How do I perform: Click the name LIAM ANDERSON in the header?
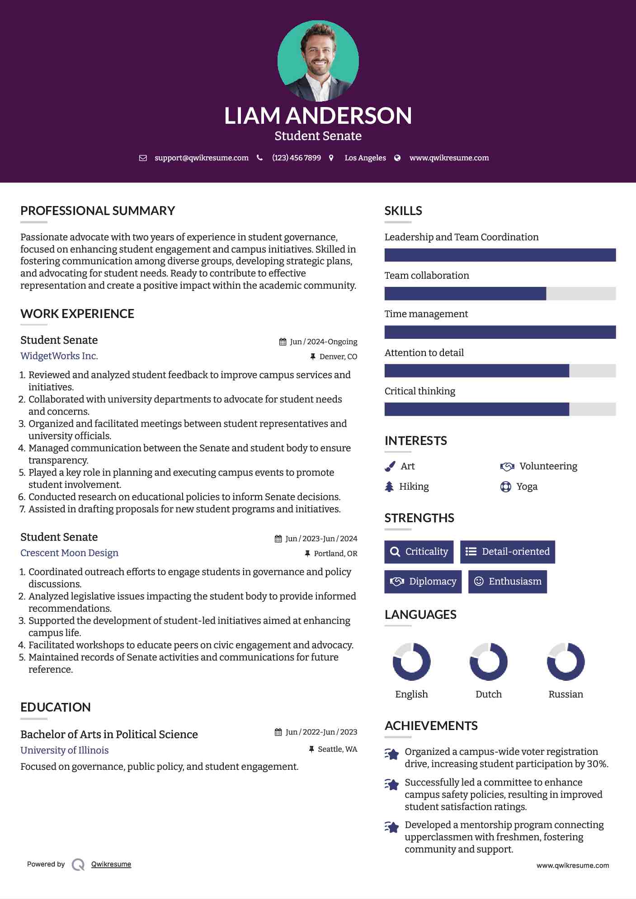(x=318, y=116)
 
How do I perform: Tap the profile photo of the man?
(x=318, y=61)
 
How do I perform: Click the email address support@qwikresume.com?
(x=201, y=158)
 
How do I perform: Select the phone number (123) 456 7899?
(x=296, y=158)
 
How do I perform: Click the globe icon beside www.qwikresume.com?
(x=397, y=158)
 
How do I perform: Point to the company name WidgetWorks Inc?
(x=59, y=356)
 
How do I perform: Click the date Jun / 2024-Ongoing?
(x=323, y=342)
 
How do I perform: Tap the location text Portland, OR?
(x=335, y=554)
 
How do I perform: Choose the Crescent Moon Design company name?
(x=69, y=553)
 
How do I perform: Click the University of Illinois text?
(x=65, y=750)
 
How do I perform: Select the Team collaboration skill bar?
(x=500, y=294)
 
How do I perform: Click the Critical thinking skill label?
(x=420, y=391)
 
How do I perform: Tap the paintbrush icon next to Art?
(x=390, y=466)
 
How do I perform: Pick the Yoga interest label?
(x=527, y=487)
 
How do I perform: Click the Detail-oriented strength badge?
(x=507, y=552)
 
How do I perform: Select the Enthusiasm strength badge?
(x=507, y=581)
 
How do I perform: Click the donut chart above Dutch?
(x=489, y=662)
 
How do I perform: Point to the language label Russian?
(x=565, y=694)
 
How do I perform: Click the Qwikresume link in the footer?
(x=111, y=864)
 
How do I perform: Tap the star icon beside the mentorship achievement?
(x=391, y=827)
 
